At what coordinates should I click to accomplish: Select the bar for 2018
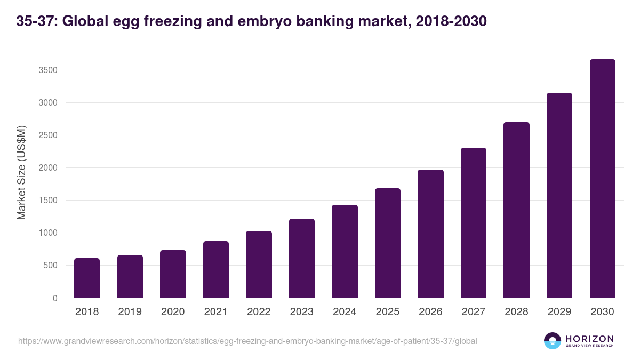tap(87, 278)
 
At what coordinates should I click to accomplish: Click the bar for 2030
tap(602, 179)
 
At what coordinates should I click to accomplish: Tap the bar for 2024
tap(345, 251)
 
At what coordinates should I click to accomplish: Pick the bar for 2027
tap(474, 223)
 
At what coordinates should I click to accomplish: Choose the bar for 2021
tap(216, 269)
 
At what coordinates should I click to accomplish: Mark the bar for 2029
tap(559, 195)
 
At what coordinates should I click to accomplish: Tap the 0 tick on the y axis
tap(54, 298)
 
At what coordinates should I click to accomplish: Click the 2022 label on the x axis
tap(259, 312)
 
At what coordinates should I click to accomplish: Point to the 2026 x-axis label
tap(430, 312)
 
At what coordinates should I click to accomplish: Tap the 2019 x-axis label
tap(130, 312)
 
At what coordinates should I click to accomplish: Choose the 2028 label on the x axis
tap(516, 312)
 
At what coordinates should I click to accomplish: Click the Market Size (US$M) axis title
tap(22, 173)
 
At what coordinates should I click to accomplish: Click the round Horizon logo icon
tap(553, 341)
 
